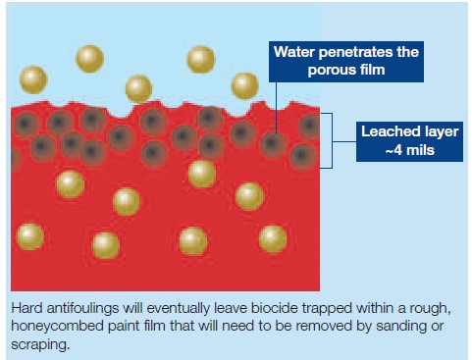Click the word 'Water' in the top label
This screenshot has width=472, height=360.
tap(294, 52)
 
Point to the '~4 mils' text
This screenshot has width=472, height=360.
tap(410, 150)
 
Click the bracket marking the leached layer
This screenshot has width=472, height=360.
tap(332, 141)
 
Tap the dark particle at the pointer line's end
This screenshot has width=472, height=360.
tap(272, 144)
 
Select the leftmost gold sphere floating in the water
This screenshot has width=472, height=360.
tap(33, 79)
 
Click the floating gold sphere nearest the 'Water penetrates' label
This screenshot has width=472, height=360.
tap(244, 86)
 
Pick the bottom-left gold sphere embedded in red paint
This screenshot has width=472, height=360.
tap(30, 236)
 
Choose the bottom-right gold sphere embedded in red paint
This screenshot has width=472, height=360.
tap(273, 239)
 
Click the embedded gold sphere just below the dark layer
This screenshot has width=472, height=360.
tap(202, 174)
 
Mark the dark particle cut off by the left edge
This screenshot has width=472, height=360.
tap(15, 160)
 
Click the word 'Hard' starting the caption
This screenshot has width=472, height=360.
tap(26, 308)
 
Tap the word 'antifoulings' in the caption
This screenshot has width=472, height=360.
tap(82, 309)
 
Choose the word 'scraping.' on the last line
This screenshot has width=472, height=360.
tap(40, 344)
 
